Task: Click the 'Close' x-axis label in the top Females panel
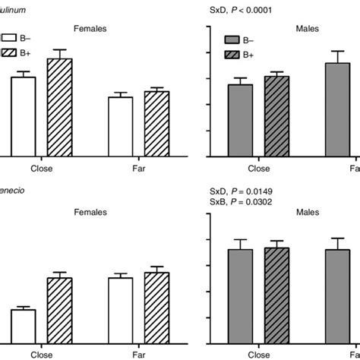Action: tap(41, 169)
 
